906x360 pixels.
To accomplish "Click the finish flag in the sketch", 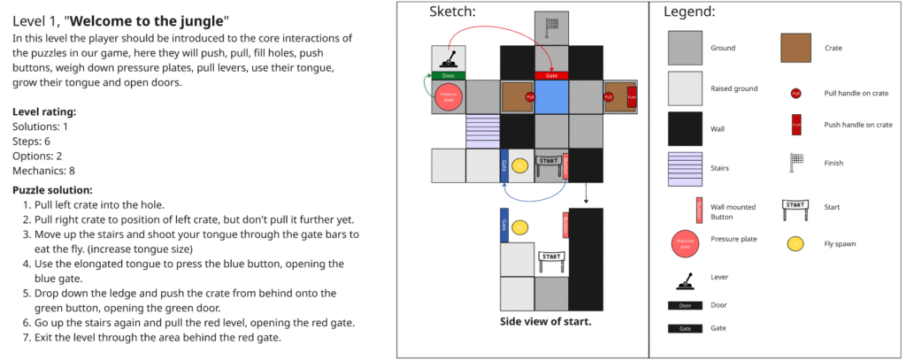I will coord(552,27).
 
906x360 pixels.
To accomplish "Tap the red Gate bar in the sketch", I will coord(551,75).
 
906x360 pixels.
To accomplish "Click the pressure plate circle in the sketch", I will coord(448,96).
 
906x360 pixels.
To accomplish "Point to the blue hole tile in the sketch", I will coord(551,96).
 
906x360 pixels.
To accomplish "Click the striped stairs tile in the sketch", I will coord(482,130).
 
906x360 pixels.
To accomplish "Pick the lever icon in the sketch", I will coord(449,59).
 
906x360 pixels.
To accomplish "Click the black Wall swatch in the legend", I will coord(685,129).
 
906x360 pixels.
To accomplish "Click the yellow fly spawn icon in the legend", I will coord(796,243).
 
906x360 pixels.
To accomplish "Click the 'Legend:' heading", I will coord(689,12).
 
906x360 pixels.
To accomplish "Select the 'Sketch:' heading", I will coord(452,11).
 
